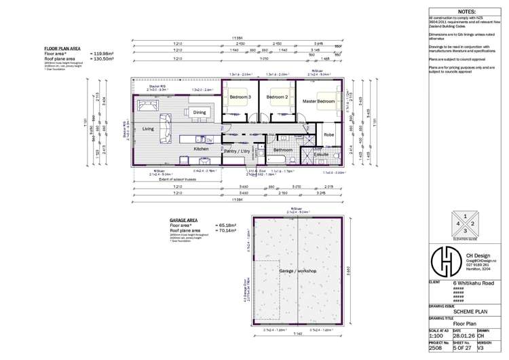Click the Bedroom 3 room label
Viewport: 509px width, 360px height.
coord(240,97)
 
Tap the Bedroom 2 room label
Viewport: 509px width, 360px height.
coord(277,97)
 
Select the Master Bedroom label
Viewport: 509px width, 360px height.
coord(318,101)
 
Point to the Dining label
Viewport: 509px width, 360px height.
coord(200,112)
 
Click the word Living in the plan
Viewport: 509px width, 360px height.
coord(148,128)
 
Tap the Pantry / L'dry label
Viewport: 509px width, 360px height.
coord(238,151)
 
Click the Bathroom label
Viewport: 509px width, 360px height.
coord(282,149)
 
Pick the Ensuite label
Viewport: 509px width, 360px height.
coord(322,155)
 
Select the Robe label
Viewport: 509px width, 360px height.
coord(328,135)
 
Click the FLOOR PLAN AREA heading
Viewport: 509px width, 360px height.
coord(63,49)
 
